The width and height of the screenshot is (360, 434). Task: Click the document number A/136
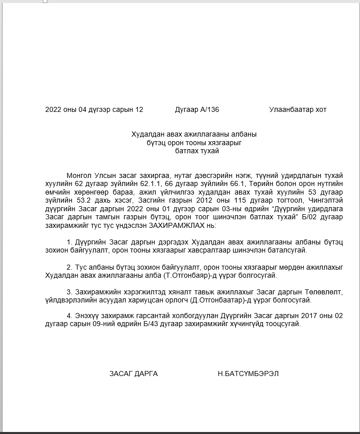208,110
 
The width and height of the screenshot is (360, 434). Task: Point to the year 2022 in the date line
53,110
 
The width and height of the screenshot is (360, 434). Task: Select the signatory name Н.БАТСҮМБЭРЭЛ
248,374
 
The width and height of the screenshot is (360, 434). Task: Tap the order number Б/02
315,217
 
